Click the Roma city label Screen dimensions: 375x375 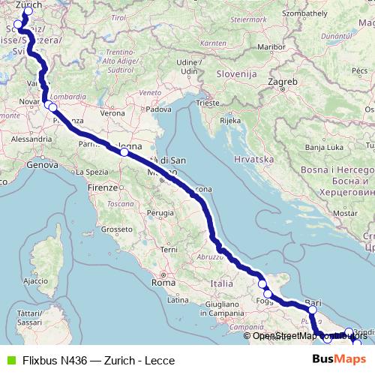coord(163,283)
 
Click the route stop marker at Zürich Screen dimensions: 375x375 coord(28,12)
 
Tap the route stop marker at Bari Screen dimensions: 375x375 coord(313,308)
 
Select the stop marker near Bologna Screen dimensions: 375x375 coord(124,152)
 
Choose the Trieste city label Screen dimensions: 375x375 coord(204,103)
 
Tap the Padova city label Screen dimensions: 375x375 coord(157,109)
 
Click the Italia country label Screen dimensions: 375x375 coord(222,284)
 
